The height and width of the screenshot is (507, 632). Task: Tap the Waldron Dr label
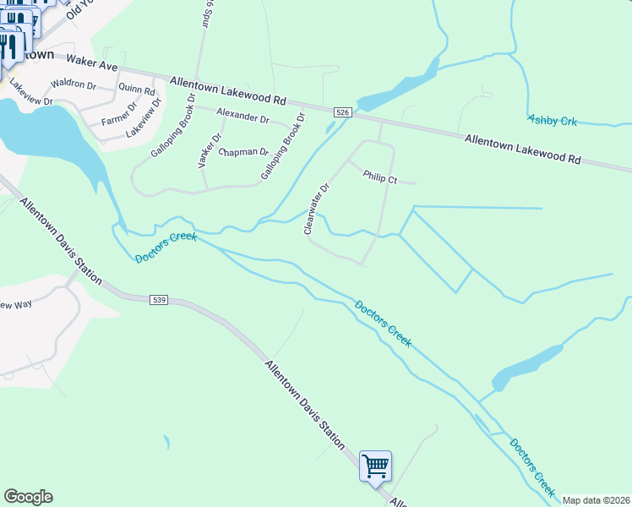[x=74, y=84]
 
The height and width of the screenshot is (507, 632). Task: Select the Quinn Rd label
[x=137, y=89]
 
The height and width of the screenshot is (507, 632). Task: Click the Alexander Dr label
[x=242, y=116]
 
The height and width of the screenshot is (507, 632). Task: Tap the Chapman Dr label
[x=242, y=153]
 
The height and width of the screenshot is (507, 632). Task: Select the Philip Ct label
[x=379, y=177]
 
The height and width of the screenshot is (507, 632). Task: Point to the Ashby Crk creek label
[x=552, y=122]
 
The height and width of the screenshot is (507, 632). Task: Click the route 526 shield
[x=342, y=112]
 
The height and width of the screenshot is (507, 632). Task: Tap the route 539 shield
[x=160, y=300]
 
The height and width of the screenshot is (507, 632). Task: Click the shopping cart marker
[x=375, y=466]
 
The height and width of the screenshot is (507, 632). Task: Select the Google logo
[x=28, y=497]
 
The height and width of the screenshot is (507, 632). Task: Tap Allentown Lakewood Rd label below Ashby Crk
[x=523, y=147]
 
